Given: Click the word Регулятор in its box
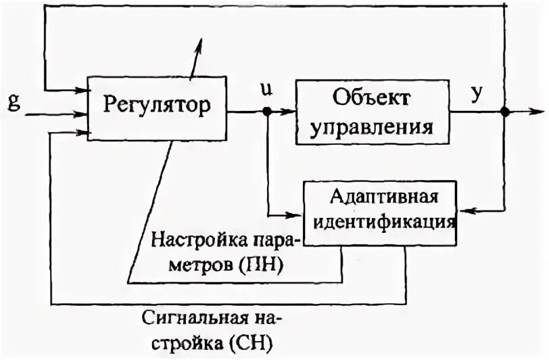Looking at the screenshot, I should click(x=156, y=105).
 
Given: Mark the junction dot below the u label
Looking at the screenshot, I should click(x=268, y=112).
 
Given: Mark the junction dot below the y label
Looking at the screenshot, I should click(x=504, y=112).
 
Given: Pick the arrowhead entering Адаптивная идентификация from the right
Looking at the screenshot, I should click(x=463, y=211).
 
